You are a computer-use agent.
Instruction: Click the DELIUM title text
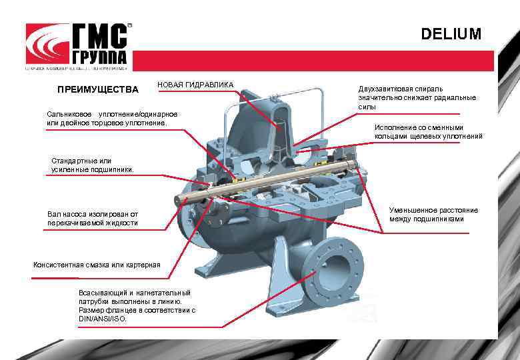451,34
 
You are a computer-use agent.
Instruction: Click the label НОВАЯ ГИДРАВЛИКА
195,85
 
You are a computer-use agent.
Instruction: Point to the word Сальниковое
69,114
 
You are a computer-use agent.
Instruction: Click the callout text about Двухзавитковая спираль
416,97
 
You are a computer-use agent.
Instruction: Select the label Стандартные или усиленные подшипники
92,165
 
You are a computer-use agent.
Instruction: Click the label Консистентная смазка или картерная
97,265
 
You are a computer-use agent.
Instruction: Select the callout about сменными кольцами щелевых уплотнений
427,132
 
